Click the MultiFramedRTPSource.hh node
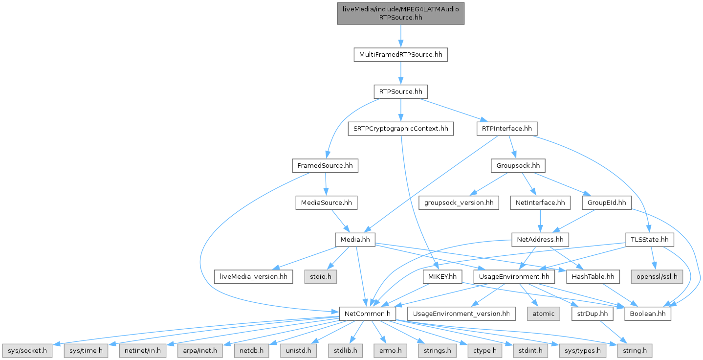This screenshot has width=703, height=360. (x=400, y=54)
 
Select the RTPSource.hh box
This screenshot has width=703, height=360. (x=400, y=91)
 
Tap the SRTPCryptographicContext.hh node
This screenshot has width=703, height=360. (x=400, y=129)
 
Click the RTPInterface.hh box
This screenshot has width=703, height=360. (x=506, y=129)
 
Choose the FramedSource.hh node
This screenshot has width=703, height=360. (x=325, y=166)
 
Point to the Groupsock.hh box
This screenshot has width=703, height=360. (x=518, y=166)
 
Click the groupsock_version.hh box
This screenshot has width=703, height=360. (x=459, y=202)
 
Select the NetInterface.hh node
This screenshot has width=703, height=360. (x=540, y=202)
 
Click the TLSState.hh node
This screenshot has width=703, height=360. (x=650, y=240)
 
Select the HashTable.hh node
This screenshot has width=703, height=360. (x=593, y=277)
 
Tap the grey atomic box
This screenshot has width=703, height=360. (x=543, y=314)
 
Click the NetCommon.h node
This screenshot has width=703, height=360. (x=368, y=314)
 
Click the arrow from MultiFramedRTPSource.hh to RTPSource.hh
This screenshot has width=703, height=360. (x=400, y=73)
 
